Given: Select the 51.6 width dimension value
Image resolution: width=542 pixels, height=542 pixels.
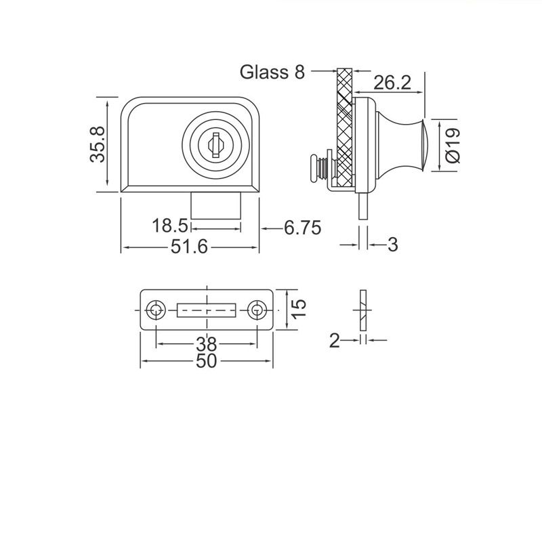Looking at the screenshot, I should (x=188, y=247).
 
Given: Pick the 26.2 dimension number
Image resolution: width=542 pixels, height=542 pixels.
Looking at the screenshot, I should (x=392, y=83).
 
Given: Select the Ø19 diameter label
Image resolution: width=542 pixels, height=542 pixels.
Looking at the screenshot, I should (x=453, y=145).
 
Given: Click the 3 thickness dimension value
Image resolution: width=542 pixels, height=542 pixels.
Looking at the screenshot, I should (x=392, y=245).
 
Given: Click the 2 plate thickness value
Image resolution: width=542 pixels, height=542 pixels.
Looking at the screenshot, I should (x=333, y=341).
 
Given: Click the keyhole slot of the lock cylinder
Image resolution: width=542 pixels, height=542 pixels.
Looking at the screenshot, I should (x=214, y=144).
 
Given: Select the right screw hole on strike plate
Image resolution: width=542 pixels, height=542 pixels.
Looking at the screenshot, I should (x=255, y=310).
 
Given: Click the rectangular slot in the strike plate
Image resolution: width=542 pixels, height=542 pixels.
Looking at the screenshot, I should (x=206, y=311).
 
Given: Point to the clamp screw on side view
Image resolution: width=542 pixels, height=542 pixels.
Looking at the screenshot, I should (x=318, y=168).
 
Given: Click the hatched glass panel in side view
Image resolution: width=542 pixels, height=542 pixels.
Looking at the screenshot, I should (x=344, y=129).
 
